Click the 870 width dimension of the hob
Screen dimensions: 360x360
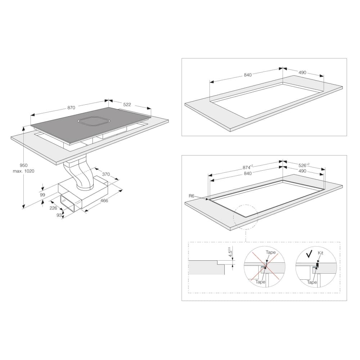[71, 108]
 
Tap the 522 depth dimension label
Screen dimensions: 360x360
[127, 105]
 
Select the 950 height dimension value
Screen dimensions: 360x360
[24, 165]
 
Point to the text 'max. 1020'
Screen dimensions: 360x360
[24, 171]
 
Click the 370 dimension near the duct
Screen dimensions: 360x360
[106, 174]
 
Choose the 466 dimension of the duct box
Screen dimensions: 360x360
[104, 201]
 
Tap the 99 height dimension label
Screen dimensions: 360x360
[42, 195]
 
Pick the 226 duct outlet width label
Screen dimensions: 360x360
[53, 208]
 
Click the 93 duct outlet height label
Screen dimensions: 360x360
[59, 215]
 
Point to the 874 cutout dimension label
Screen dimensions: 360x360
[248, 167]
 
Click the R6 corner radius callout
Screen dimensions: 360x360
[192, 196]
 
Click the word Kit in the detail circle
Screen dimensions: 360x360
[320, 253]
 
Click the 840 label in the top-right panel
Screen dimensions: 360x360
[248, 75]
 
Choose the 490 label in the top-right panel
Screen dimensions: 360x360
[302, 73]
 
